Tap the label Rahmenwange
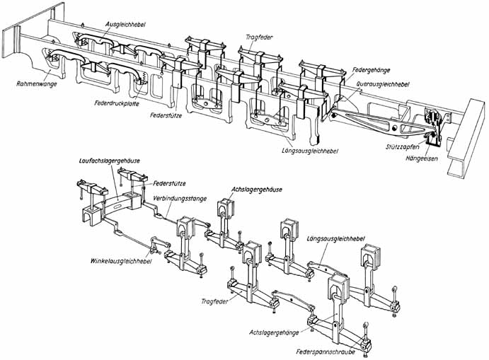[33, 83]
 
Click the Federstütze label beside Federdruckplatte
[169, 113]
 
